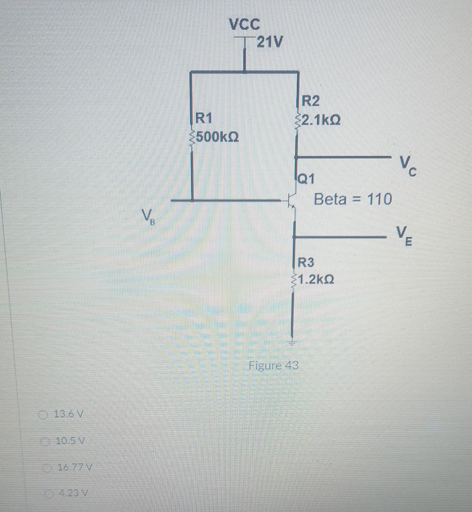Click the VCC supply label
coord(244,24)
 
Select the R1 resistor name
coord(204,118)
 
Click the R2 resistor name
coord(311,101)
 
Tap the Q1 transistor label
coord(305,178)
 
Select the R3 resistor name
coord(306,263)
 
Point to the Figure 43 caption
coord(273,365)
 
